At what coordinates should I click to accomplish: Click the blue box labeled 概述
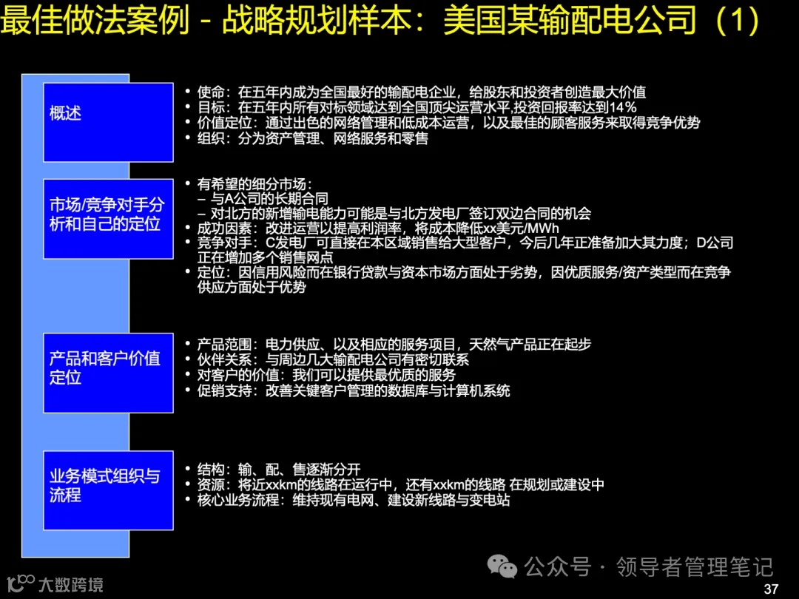coord(108,123)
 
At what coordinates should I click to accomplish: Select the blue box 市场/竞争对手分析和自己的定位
coord(108,219)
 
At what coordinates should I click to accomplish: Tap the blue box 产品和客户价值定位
coord(108,373)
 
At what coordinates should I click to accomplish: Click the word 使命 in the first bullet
coord(210,92)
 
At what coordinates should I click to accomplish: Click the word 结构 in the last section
coord(210,470)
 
